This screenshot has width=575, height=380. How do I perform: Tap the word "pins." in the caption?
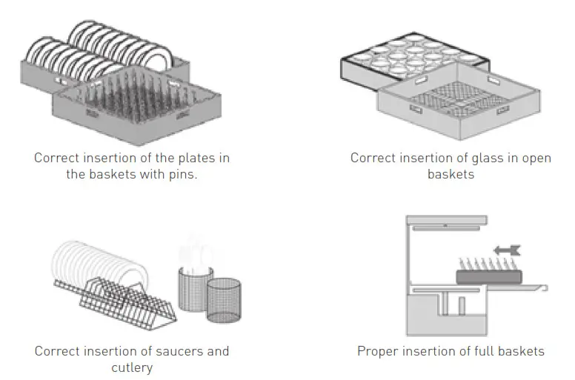181,175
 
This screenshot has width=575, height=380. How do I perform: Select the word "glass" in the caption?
482,158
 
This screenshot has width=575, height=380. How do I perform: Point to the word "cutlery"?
132,367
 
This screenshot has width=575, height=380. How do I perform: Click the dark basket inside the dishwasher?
488,276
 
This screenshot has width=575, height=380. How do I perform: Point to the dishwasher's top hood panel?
446,220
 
